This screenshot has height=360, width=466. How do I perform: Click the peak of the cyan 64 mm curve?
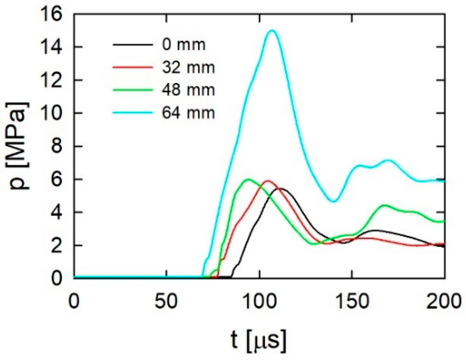[x=272, y=30]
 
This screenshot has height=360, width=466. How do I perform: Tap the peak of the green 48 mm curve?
[x=248, y=179]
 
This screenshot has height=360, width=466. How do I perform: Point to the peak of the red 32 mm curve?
[x=268, y=180]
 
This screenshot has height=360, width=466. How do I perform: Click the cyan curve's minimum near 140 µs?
[x=333, y=201]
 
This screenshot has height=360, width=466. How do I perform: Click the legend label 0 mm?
[x=184, y=45]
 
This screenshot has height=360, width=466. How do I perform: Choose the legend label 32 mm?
[x=188, y=68]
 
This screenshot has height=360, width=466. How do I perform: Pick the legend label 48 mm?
[x=188, y=90]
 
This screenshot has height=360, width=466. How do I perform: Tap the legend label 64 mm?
[x=188, y=113]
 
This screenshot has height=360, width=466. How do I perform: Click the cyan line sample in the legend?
[x=133, y=113]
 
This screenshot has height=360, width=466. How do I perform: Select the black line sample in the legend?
[x=133, y=45]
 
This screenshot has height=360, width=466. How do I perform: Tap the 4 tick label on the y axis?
[x=57, y=213]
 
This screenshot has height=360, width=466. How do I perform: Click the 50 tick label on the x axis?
[x=167, y=302]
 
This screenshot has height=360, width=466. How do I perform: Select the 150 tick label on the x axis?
[x=352, y=302]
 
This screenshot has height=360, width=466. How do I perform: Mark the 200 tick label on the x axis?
[x=444, y=302]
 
